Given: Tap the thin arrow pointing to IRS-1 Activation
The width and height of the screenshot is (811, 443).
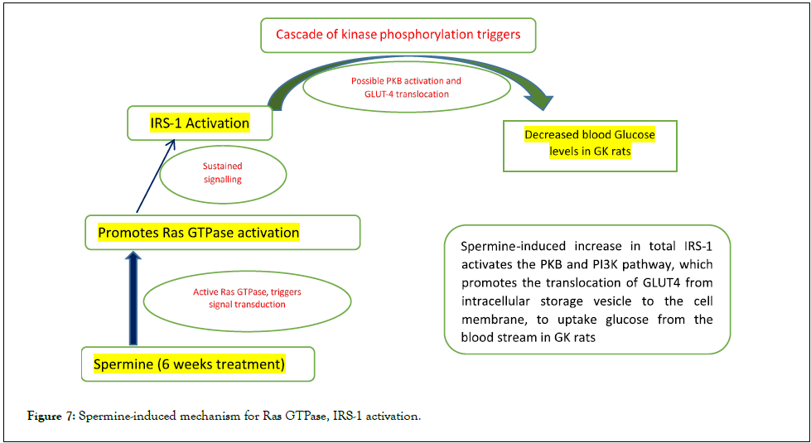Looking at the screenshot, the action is pos(155,177).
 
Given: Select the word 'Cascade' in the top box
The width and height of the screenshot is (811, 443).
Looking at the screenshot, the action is pos(296,35).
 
